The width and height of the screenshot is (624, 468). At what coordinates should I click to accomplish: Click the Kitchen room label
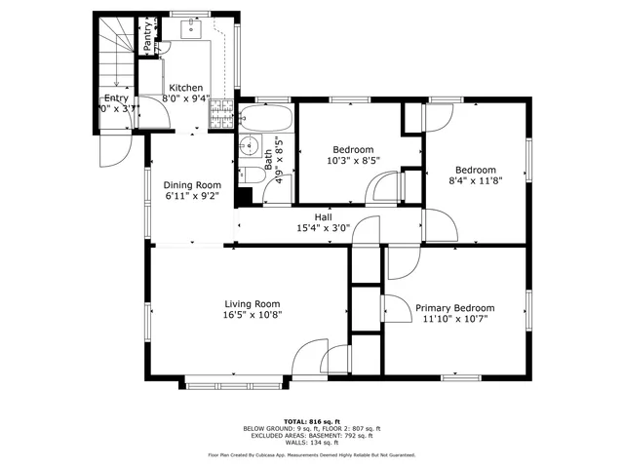(x=185, y=86)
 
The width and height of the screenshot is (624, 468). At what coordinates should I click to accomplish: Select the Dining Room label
(x=191, y=184)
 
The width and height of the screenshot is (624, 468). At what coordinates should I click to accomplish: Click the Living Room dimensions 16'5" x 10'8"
(x=253, y=315)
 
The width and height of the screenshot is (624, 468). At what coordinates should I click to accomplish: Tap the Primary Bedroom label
(x=454, y=307)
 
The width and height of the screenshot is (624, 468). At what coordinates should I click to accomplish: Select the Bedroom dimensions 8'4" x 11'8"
(x=475, y=179)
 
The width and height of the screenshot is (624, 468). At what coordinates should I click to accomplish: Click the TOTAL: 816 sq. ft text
(x=311, y=419)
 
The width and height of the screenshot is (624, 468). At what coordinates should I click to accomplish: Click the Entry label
(x=115, y=97)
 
